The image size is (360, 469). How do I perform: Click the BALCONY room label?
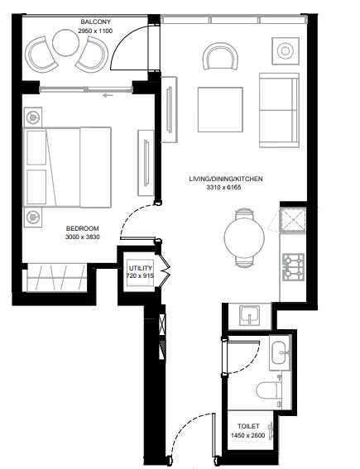pyautogui.click(x=95, y=22)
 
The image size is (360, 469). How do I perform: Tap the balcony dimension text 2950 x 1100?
pyautogui.click(x=95, y=31)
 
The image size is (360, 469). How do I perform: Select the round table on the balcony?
pyautogui.click(x=65, y=42)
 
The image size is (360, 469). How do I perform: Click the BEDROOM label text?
pyautogui.click(x=82, y=228)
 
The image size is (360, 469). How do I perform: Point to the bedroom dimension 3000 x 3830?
pyautogui.click(x=82, y=237)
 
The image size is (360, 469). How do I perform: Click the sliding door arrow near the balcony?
pyautogui.click(x=108, y=95)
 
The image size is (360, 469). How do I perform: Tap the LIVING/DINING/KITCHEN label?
pyautogui.click(x=226, y=179)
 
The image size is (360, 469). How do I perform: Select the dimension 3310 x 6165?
pyautogui.click(x=223, y=188)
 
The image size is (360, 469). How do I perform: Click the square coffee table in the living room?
pyautogui.click(x=220, y=109)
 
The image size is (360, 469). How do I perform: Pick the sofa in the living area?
pyautogui.click(x=279, y=110)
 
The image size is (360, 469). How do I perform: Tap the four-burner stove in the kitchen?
pyautogui.click(x=293, y=267)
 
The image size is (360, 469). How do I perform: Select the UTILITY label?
pyautogui.click(x=141, y=268)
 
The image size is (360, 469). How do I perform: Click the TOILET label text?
pyautogui.click(x=248, y=426)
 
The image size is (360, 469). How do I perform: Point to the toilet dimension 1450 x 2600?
pyautogui.click(x=247, y=435)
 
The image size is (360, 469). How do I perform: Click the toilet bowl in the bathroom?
pyautogui.click(x=269, y=390)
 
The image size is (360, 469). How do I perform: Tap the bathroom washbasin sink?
pyautogui.click(x=280, y=353)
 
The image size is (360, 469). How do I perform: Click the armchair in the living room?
pyautogui.click(x=220, y=56)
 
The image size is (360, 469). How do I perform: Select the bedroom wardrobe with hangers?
pyautogui.click(x=56, y=278)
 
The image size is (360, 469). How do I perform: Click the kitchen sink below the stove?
pyautogui.click(x=249, y=316)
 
